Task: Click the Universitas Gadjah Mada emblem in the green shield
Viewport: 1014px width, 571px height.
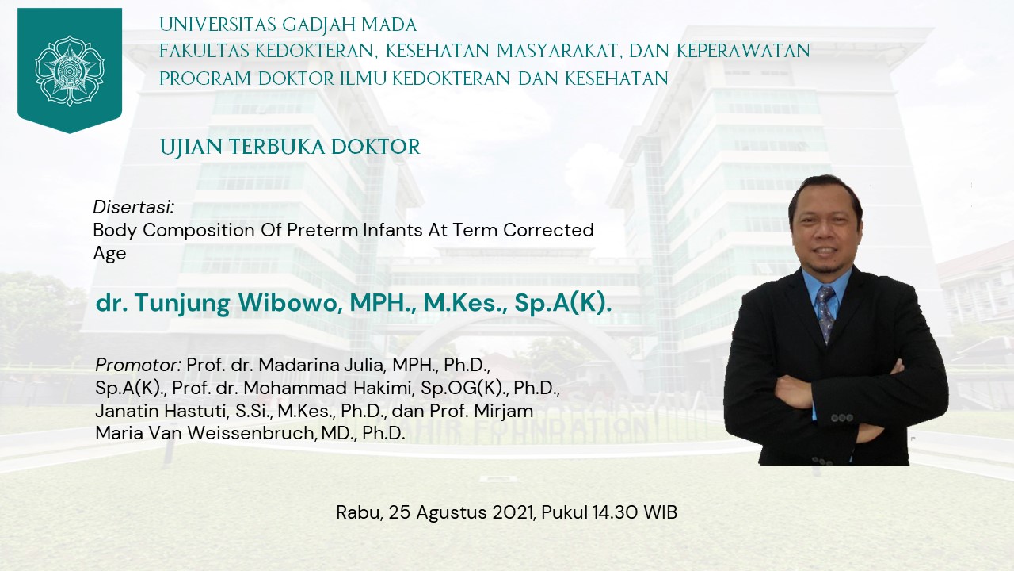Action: tap(70, 71)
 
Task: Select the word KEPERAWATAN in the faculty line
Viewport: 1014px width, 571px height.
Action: tap(743, 51)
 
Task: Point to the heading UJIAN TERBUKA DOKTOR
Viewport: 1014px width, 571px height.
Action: tap(290, 147)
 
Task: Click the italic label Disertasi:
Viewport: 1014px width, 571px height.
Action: tap(134, 208)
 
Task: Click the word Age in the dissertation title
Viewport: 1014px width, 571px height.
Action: tap(109, 253)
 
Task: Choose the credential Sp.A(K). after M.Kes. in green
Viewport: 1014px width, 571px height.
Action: tap(562, 303)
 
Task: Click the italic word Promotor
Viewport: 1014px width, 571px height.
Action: tap(135, 365)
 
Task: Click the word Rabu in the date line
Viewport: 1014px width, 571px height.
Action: tap(357, 513)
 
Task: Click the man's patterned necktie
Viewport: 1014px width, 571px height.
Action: tap(826, 313)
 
